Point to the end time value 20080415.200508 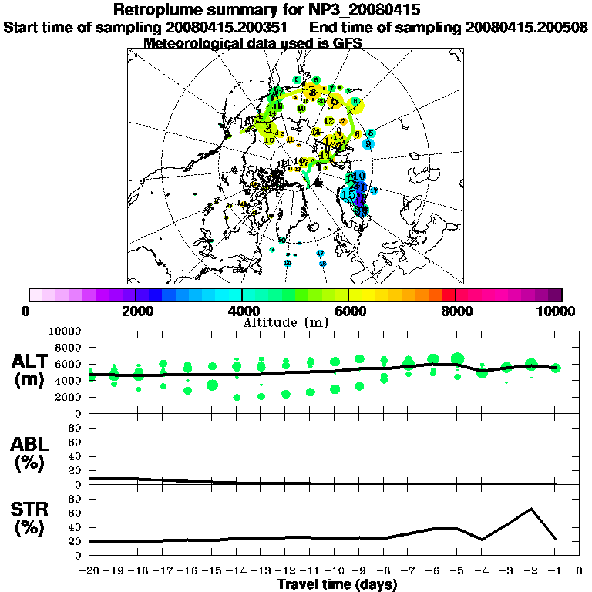526,27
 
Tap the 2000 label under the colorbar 136,311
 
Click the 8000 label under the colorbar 455,311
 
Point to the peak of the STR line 530,509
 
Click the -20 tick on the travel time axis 89,571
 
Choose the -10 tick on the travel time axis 335,571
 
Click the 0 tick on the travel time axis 580,571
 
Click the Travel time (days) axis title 337,585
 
